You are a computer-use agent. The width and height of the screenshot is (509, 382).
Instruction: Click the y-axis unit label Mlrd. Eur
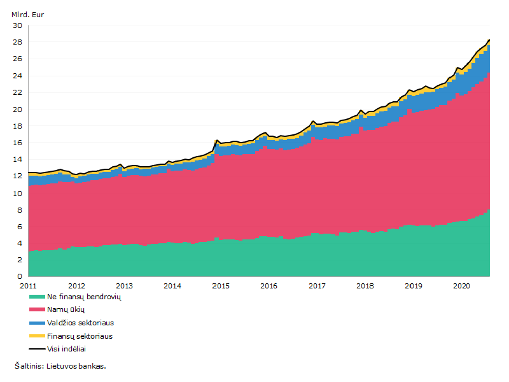click(x=27, y=15)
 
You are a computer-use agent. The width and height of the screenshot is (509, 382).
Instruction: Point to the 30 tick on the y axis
click(x=18, y=25)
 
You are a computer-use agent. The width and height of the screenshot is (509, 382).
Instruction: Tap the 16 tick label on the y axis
click(x=18, y=143)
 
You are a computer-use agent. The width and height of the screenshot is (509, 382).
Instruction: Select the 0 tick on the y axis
click(x=20, y=276)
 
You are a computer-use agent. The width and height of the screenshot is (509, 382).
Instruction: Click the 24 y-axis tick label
click(x=18, y=76)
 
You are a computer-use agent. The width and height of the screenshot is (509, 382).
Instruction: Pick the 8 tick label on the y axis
click(x=20, y=210)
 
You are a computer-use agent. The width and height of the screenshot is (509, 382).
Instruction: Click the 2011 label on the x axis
click(x=28, y=286)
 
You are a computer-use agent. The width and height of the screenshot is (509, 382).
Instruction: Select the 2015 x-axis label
click(x=221, y=286)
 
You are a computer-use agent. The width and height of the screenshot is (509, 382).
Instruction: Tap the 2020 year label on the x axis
click(x=462, y=286)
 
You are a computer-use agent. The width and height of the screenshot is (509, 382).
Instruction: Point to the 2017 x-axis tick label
click(x=317, y=286)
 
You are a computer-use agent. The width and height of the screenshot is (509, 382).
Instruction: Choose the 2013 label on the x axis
click(x=124, y=286)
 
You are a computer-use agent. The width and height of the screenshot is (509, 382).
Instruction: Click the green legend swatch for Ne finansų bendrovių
click(x=37, y=297)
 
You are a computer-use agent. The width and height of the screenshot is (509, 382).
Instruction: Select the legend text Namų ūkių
click(x=66, y=309)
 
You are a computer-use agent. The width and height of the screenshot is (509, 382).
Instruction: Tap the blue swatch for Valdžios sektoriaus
click(x=37, y=323)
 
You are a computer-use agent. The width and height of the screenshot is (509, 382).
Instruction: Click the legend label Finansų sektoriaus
click(x=80, y=336)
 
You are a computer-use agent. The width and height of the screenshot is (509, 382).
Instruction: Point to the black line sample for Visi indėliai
click(x=37, y=349)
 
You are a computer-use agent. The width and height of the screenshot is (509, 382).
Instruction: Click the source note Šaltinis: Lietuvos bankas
click(x=60, y=366)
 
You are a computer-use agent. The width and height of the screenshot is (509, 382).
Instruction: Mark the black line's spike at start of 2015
click(x=216, y=140)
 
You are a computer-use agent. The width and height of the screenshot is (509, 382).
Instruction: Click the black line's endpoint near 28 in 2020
click(x=489, y=39)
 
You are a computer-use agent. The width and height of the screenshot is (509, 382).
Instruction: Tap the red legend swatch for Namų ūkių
click(x=37, y=309)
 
